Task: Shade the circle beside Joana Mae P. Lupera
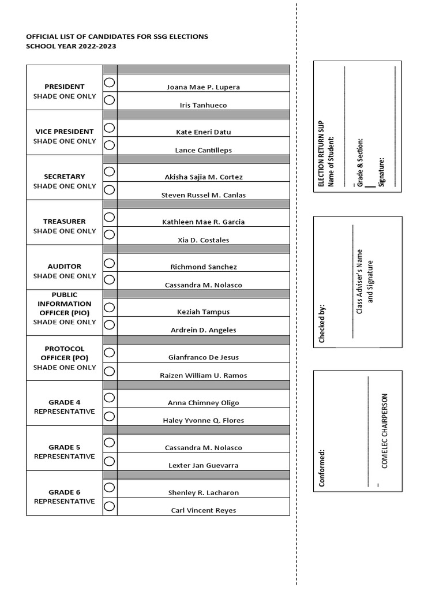point(110,83)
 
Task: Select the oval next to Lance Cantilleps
point(110,145)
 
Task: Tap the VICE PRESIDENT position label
point(65,132)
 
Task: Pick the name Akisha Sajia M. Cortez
point(204,177)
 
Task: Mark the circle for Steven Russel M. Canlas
point(110,190)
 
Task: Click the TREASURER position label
point(65,222)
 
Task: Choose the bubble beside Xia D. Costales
point(110,235)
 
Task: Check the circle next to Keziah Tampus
point(110,307)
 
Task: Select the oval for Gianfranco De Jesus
point(110,352)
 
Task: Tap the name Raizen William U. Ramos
point(204,375)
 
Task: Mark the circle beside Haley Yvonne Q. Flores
point(110,415)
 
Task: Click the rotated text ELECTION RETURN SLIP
point(322,154)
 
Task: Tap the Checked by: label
point(322,323)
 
